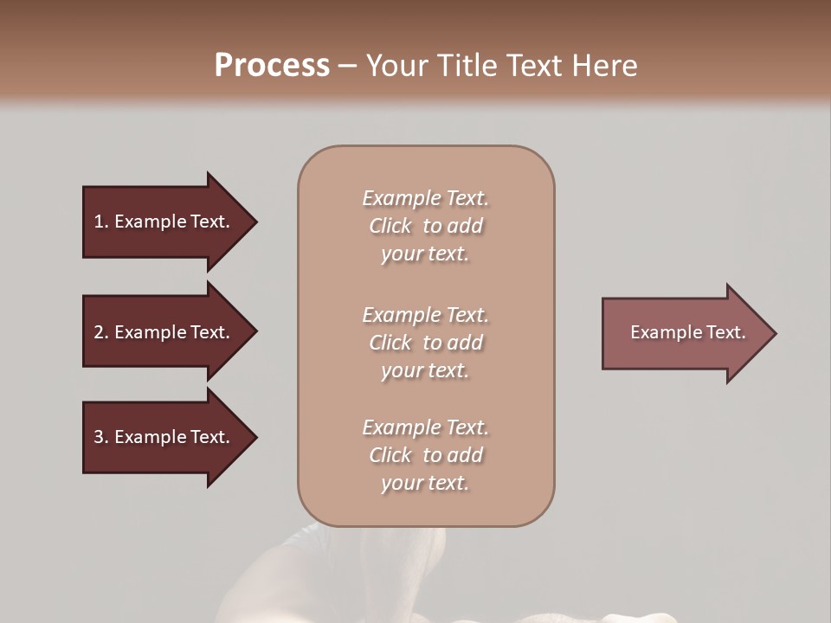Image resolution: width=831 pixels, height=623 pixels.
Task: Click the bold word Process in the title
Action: pyautogui.click(x=272, y=66)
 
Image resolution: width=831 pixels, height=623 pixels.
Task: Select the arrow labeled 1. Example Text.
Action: pyautogui.click(x=164, y=222)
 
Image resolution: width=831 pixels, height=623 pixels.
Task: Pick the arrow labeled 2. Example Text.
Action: pyautogui.click(x=164, y=332)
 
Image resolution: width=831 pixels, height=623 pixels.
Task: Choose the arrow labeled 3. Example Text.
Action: pyautogui.click(x=164, y=437)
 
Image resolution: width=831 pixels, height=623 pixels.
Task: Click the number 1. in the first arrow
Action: pyautogui.click(x=101, y=222)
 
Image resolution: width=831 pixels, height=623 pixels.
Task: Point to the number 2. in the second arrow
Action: pyautogui.click(x=101, y=332)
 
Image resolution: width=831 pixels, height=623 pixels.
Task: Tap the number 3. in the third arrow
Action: pyautogui.click(x=101, y=437)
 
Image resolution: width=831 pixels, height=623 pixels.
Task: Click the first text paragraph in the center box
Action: pyautogui.click(x=425, y=226)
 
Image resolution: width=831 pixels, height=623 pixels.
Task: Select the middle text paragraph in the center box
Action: pyautogui.click(x=425, y=343)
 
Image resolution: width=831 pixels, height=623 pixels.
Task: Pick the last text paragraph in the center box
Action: pyautogui.click(x=425, y=455)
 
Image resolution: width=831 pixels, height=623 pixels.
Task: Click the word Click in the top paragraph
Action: pyautogui.click(x=390, y=226)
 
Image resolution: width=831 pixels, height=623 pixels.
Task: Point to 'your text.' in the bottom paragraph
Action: pyautogui.click(x=425, y=483)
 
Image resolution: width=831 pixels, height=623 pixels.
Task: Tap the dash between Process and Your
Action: pyautogui.click(x=347, y=66)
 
